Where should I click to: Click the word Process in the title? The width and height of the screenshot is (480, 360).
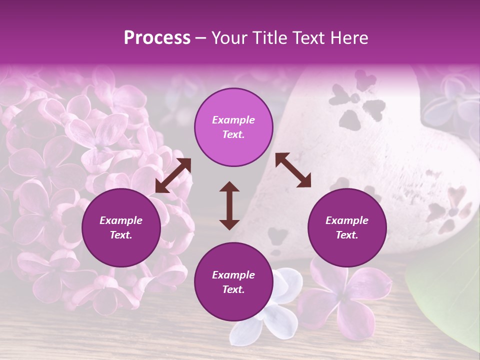pos(157,38)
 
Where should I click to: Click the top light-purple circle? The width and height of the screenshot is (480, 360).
pos(233,127)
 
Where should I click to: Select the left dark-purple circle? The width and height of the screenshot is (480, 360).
pos(121,228)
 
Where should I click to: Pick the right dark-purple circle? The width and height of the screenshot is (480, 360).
pos(347,228)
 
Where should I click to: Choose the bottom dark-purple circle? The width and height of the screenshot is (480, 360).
pos(233,282)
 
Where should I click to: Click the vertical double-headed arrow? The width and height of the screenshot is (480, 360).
pos(229,205)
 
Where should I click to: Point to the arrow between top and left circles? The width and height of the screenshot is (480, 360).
pos(173,175)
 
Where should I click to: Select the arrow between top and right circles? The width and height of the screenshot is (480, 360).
pos(293,170)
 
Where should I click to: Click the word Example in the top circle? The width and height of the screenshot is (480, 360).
pos(233,120)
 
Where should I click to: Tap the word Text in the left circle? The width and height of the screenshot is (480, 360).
pos(121,235)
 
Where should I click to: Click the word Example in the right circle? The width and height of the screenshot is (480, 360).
pos(347,220)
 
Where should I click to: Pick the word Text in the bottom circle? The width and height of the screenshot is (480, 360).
pos(233,289)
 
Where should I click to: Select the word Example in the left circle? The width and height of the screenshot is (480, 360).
pos(121,220)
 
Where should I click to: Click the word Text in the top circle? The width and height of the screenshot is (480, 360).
pos(233,134)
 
